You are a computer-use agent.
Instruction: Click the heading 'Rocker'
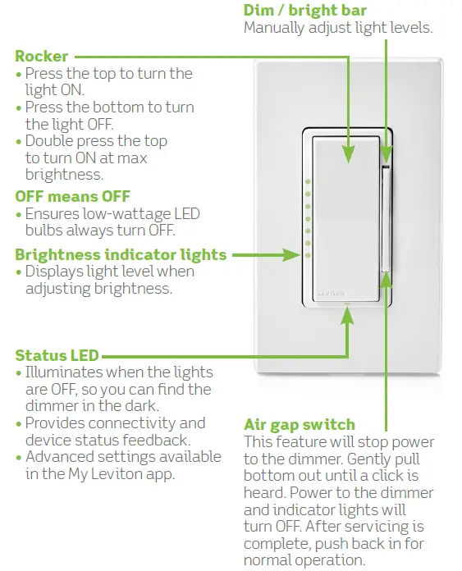(x=42, y=57)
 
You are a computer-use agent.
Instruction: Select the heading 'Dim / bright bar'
(x=305, y=11)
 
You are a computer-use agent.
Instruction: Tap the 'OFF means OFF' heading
(x=72, y=196)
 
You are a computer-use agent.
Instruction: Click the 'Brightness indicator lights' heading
(x=121, y=254)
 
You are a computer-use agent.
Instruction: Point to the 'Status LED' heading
(x=57, y=355)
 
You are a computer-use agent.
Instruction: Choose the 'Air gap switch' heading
(x=300, y=424)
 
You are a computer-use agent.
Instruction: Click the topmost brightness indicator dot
(x=307, y=181)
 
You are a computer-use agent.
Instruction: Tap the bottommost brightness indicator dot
(x=307, y=256)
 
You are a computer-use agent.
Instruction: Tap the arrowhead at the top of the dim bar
(x=386, y=153)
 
